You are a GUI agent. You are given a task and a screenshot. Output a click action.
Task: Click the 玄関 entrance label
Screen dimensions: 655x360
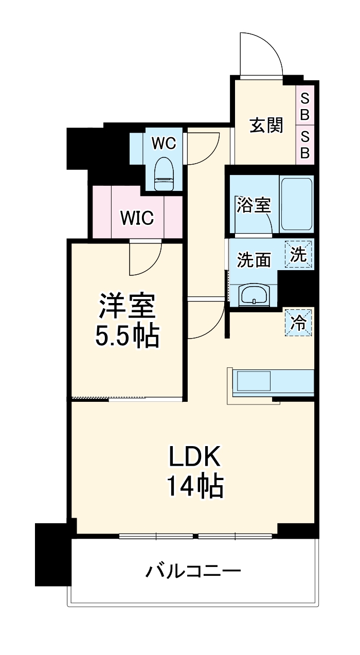click(266, 125)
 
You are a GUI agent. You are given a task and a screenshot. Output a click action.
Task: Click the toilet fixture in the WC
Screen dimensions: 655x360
click(164, 174)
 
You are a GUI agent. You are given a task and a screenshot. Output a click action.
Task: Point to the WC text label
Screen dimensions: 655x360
click(164, 143)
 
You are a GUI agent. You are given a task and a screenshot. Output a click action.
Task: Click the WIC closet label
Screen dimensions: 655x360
click(137, 218)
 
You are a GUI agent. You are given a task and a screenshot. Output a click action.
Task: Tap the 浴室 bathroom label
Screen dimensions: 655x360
click(254, 205)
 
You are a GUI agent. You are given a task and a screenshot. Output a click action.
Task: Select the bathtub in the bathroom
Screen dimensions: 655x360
click(296, 204)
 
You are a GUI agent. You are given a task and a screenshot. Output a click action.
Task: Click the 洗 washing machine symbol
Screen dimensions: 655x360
click(298, 255)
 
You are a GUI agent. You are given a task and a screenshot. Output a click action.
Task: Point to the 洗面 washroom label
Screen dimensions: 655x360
click(254, 260)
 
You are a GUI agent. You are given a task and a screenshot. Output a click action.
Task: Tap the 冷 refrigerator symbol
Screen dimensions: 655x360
click(298, 323)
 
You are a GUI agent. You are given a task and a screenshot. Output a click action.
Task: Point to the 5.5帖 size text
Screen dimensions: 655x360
click(127, 336)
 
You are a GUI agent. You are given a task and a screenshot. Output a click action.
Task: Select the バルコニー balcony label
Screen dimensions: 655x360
click(193, 571)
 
